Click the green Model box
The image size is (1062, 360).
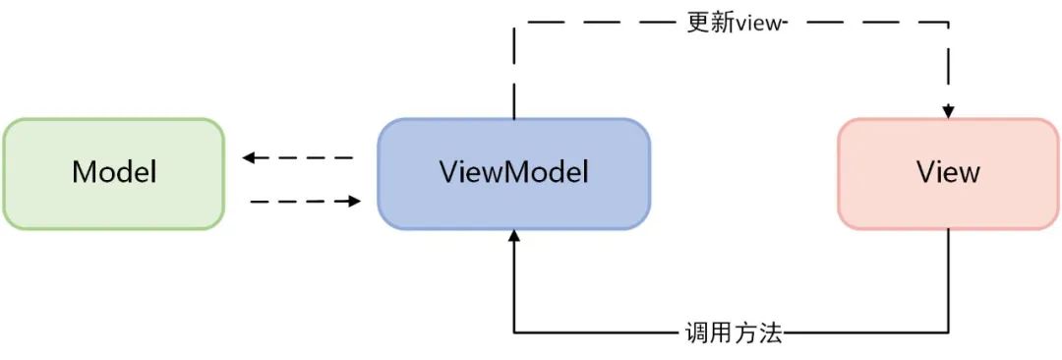(113, 174)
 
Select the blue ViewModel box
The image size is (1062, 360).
(513, 174)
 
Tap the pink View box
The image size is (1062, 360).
(948, 174)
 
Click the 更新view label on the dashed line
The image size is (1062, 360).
(736, 22)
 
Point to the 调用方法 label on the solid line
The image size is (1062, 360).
(733, 333)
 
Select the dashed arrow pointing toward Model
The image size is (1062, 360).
(298, 157)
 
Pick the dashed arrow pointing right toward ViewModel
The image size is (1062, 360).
(306, 201)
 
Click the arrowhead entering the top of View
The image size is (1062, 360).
(949, 111)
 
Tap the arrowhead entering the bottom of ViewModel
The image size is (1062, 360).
(513, 236)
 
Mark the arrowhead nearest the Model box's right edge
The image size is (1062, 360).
(249, 157)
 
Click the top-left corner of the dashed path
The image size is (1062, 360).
(514, 22)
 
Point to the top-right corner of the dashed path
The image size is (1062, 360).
(949, 22)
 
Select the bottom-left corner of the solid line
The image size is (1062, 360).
(514, 333)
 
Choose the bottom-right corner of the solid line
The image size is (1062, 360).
(949, 333)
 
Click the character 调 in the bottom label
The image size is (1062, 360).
(695, 333)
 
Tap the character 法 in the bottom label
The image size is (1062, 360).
(770, 333)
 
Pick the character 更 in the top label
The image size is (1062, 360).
(697, 22)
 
